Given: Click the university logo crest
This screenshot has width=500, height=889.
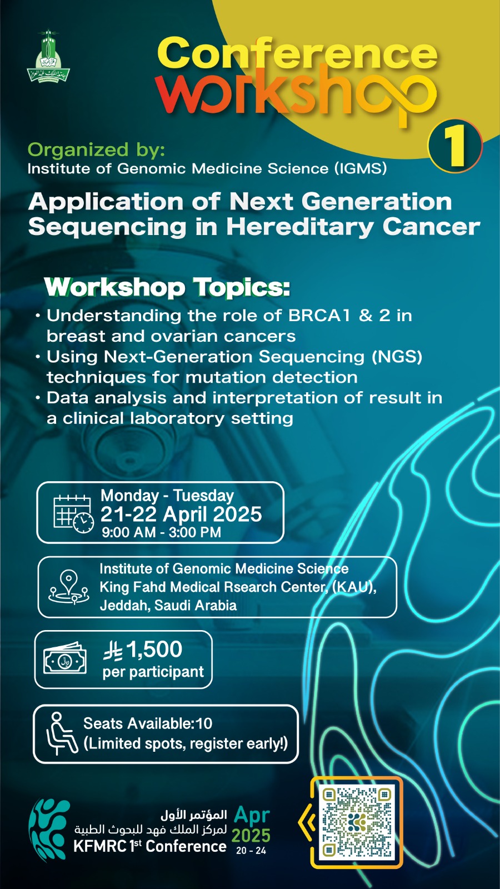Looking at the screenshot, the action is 48,56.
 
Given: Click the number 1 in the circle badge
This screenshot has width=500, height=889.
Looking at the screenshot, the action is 455,147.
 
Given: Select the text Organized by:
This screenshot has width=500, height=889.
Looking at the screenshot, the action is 96,150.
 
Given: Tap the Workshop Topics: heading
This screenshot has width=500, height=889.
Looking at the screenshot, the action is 167,287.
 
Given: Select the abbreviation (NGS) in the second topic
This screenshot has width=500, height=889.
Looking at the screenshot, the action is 397,357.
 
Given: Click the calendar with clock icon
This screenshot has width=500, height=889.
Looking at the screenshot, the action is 74,513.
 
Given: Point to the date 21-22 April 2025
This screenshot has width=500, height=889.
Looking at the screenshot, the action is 181,514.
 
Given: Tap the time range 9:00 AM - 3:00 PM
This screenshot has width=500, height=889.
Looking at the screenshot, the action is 161,532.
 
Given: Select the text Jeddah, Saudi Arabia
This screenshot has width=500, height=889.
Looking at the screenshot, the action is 168,605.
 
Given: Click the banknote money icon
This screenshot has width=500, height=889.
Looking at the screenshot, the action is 64,660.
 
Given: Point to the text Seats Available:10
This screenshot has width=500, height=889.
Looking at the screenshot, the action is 148,723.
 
